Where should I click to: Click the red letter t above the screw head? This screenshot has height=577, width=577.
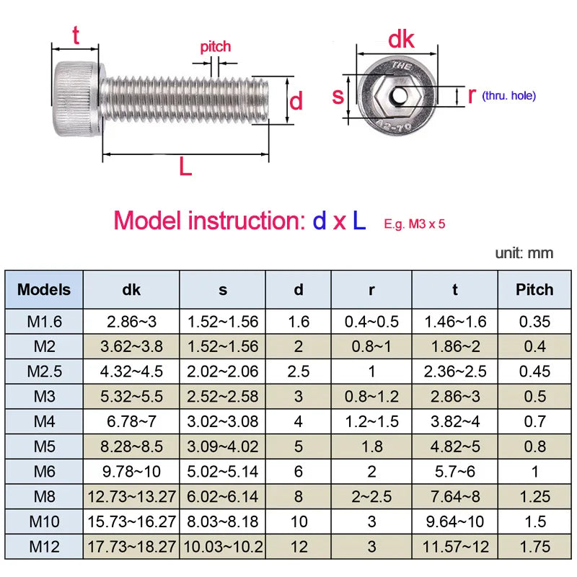tap(74, 34)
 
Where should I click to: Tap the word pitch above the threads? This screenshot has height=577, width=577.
tap(215, 47)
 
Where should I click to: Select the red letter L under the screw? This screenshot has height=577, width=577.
tap(185, 167)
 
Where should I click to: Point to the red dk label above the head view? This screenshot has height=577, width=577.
tap(401, 40)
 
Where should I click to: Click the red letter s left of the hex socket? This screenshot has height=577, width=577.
tap(338, 95)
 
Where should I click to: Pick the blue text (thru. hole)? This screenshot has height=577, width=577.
tap(509, 95)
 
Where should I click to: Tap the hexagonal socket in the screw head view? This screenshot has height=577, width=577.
tap(396, 94)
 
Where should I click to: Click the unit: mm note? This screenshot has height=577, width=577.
tap(524, 253)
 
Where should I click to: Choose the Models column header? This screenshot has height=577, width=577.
tap(45, 290)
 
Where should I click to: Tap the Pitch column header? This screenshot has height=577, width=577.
tap(534, 290)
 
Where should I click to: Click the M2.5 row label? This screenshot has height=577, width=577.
tap(45, 371)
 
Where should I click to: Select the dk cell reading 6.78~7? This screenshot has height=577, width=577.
tap(131, 421)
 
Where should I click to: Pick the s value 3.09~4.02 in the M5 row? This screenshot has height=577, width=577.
tap(222, 446)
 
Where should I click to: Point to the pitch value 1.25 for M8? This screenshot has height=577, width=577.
tap(534, 496)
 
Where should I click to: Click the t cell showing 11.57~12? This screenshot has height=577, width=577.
tap(454, 546)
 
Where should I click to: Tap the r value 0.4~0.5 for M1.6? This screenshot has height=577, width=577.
tap(371, 322)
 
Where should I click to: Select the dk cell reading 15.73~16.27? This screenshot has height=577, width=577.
tap(131, 521)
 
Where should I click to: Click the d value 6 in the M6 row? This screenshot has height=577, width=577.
tap(298, 471)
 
